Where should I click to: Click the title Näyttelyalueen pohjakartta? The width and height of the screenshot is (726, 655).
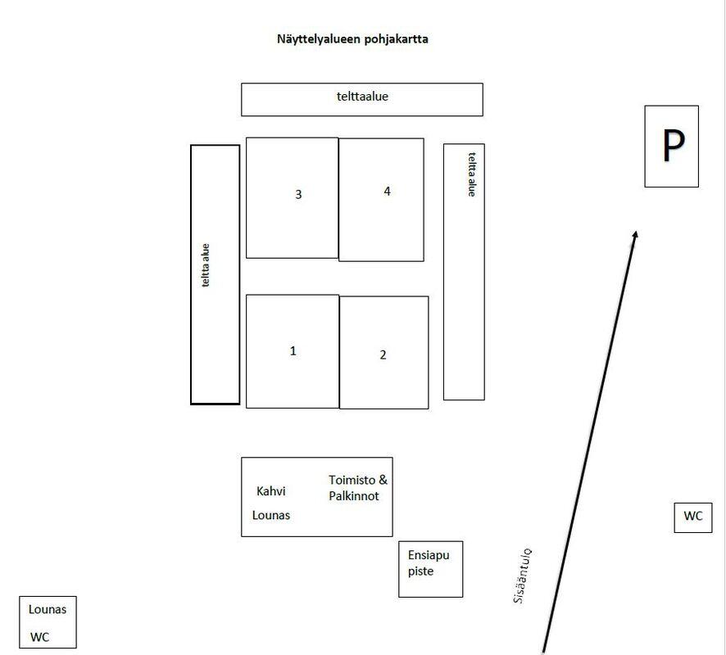[x=352, y=39]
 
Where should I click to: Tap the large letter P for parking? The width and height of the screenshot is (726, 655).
[x=673, y=145]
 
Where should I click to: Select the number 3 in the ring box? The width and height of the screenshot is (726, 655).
[x=298, y=194]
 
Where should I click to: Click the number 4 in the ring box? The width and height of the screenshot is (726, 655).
[x=387, y=191]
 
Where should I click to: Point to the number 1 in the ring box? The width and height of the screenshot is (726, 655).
[x=293, y=350]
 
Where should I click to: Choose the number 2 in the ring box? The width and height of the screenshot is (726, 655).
[x=383, y=355]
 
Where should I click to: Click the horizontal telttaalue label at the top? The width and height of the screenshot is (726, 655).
[x=362, y=97]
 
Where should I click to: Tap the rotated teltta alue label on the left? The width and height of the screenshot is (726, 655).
[x=206, y=265]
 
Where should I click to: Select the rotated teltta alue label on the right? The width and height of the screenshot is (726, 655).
[x=472, y=174]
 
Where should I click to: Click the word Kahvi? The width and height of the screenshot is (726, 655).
[x=271, y=490]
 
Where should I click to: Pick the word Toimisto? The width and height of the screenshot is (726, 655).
[x=352, y=480]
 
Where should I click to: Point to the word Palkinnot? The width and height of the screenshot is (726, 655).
[x=354, y=496]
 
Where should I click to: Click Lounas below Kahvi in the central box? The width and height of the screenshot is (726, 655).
[x=271, y=515]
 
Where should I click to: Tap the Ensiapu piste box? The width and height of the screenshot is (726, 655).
[x=430, y=569]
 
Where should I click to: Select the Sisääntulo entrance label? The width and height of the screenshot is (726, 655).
[x=523, y=576]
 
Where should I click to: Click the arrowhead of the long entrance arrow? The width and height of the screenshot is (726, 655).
[x=635, y=234]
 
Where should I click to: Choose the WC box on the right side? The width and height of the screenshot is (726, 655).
[x=693, y=517]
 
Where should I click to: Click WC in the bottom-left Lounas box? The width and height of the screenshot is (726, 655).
[x=39, y=638]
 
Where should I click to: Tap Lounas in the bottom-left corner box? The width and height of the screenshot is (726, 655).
[x=48, y=609]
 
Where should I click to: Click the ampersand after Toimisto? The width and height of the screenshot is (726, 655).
[x=383, y=480]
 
